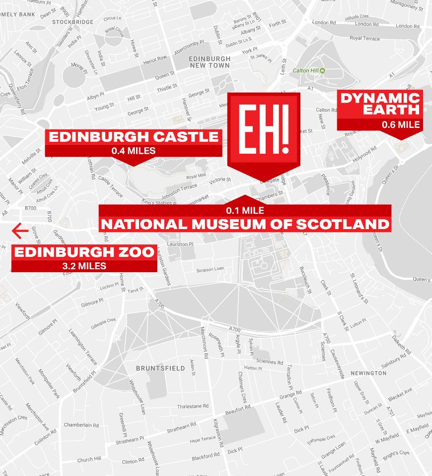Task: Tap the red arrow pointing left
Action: pos(20,231)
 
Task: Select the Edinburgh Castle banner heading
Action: pos(134,137)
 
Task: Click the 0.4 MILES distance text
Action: pos(134,150)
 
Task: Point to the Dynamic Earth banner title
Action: pos(380,104)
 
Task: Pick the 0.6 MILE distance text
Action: pos(401,124)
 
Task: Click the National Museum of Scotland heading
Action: pos(245,224)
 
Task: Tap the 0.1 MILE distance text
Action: pos(245,210)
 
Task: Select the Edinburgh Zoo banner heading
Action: pos(84,252)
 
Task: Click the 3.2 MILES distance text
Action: pos(84,266)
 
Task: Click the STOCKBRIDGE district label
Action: pos(73,22)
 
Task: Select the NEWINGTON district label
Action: pos(368,373)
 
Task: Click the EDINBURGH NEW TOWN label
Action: pos(210,62)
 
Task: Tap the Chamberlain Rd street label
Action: pos(81,425)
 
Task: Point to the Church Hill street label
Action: pos(89,460)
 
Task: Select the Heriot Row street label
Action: pos(154,58)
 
